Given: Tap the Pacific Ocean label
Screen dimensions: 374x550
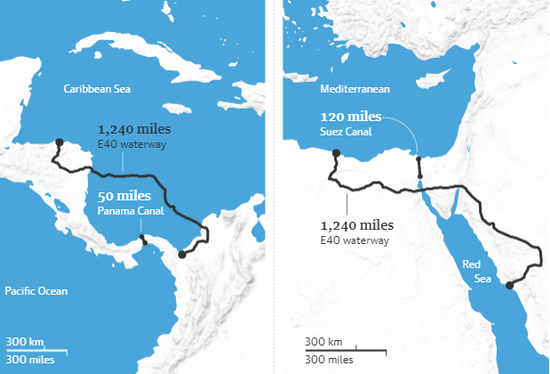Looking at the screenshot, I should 36,290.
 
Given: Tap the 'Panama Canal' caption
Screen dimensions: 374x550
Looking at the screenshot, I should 124,210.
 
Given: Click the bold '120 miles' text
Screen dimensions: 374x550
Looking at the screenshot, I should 351,118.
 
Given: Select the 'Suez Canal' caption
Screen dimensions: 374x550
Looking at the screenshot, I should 347,132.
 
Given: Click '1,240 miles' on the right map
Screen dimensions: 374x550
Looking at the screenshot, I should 357,224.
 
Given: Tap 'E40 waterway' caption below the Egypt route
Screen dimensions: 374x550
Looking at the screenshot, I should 347,240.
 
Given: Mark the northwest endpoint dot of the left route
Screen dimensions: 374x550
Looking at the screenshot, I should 59,142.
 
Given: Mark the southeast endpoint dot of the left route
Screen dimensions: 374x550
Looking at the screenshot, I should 182,255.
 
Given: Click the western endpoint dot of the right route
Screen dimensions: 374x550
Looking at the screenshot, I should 337,154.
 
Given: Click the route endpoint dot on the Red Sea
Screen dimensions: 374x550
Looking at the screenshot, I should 509,286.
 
